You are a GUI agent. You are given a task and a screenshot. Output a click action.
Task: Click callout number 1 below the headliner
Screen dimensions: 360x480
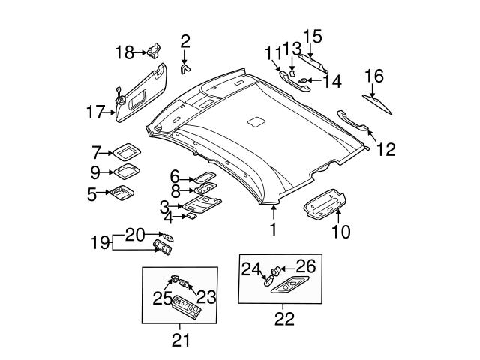pyautogui.click(x=273, y=229)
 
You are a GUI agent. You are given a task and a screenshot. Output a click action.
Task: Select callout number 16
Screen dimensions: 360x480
pyautogui.click(x=373, y=75)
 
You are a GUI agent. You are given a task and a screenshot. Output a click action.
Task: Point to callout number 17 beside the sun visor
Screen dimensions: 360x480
pyautogui.click(x=94, y=113)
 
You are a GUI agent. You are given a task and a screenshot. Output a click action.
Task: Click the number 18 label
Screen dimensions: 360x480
pyautogui.click(x=124, y=52)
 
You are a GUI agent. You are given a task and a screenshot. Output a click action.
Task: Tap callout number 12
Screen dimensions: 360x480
pyautogui.click(x=385, y=149)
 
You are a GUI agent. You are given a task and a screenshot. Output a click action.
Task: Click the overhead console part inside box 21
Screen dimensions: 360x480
pyautogui.click(x=183, y=307)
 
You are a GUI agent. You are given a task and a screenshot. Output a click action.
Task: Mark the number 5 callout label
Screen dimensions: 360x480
pyautogui.click(x=92, y=195)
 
